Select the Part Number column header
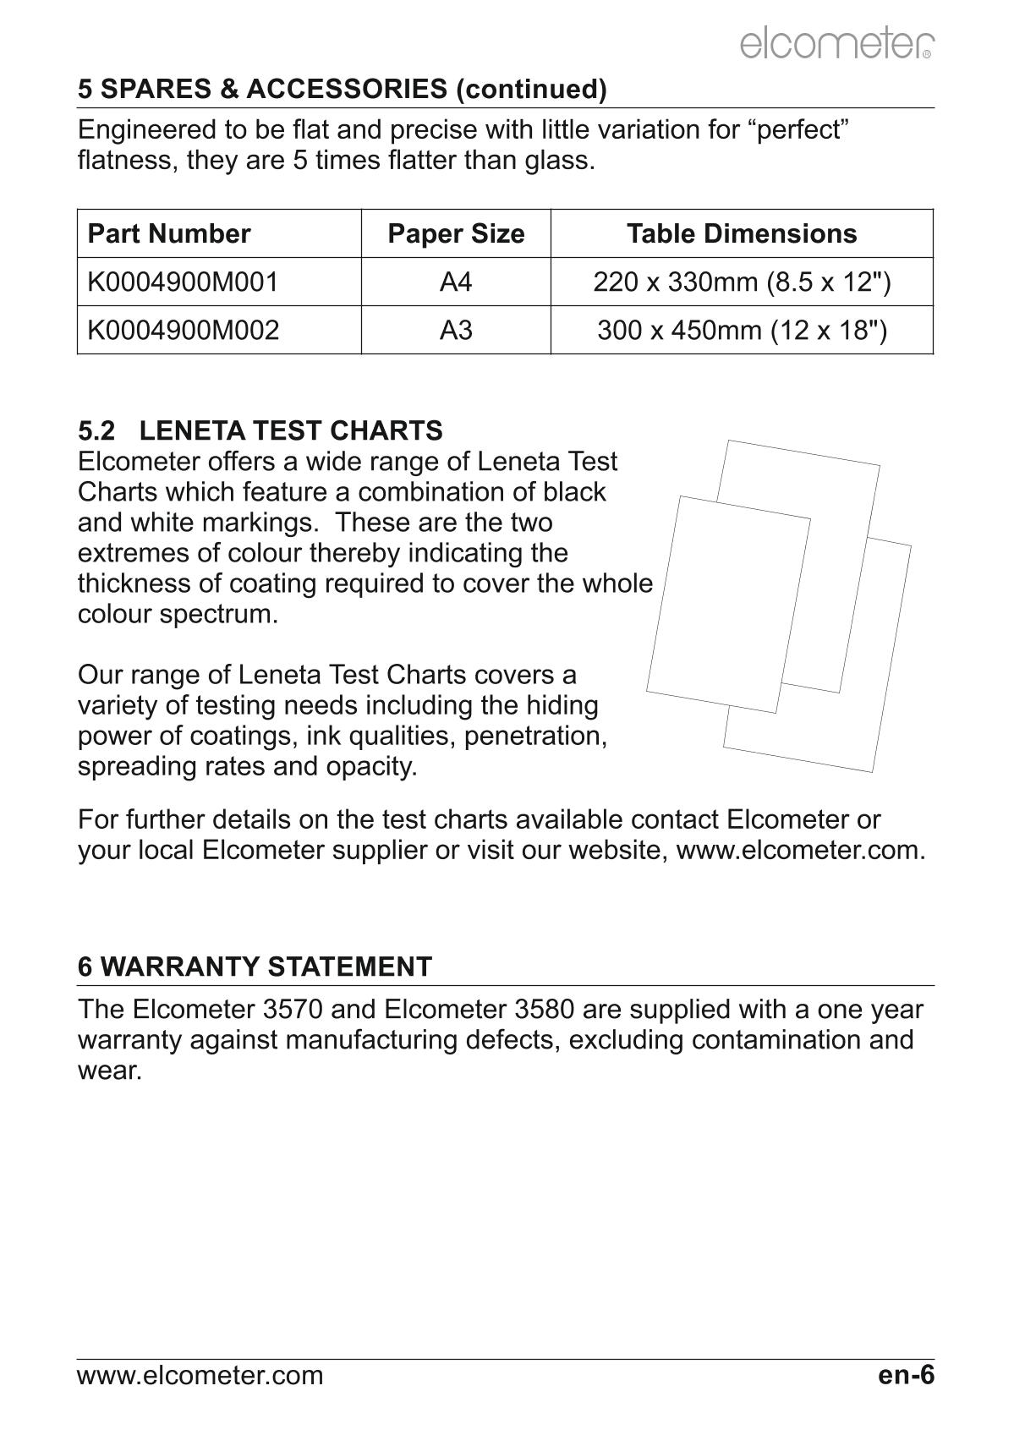[x=169, y=233]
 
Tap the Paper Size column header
[x=456, y=233]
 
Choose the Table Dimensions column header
[x=742, y=233]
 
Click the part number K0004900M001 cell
[x=183, y=282]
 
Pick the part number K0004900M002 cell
[x=183, y=330]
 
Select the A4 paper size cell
[x=456, y=282]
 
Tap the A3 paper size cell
[x=456, y=330]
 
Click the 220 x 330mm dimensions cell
[x=742, y=282]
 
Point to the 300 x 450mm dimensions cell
[x=742, y=330]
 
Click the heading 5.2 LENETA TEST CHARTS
[x=260, y=430]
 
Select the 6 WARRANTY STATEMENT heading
[x=255, y=967]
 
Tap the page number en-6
[x=906, y=1375]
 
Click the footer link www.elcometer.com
[x=200, y=1376]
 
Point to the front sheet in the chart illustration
[x=728, y=605]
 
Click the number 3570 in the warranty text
[x=341, y=1010]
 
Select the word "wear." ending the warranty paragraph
[x=109, y=1071]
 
